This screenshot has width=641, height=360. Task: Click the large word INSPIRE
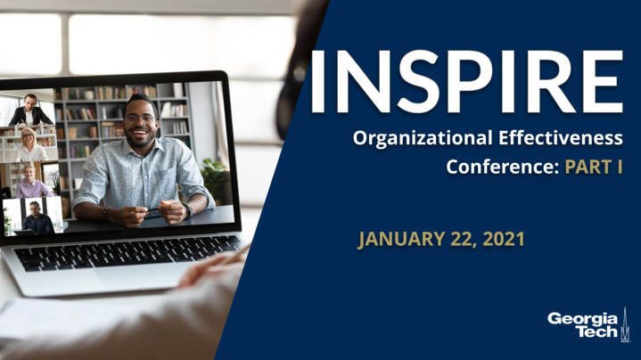point(466,82)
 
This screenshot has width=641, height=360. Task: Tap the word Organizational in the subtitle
point(423,139)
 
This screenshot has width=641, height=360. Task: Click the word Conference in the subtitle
point(502,167)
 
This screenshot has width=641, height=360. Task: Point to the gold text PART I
point(594,167)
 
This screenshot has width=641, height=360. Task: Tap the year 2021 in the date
point(503,239)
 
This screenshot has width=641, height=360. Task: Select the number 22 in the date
point(464,240)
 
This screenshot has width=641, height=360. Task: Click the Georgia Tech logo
point(588,324)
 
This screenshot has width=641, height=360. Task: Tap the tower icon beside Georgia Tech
point(624,324)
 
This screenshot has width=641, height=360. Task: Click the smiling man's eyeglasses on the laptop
point(141,119)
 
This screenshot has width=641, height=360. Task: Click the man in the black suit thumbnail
point(29,110)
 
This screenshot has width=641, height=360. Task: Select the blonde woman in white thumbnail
point(30,144)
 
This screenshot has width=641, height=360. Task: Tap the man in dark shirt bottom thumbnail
point(37,218)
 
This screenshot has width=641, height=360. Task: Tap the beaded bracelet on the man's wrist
point(105,214)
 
